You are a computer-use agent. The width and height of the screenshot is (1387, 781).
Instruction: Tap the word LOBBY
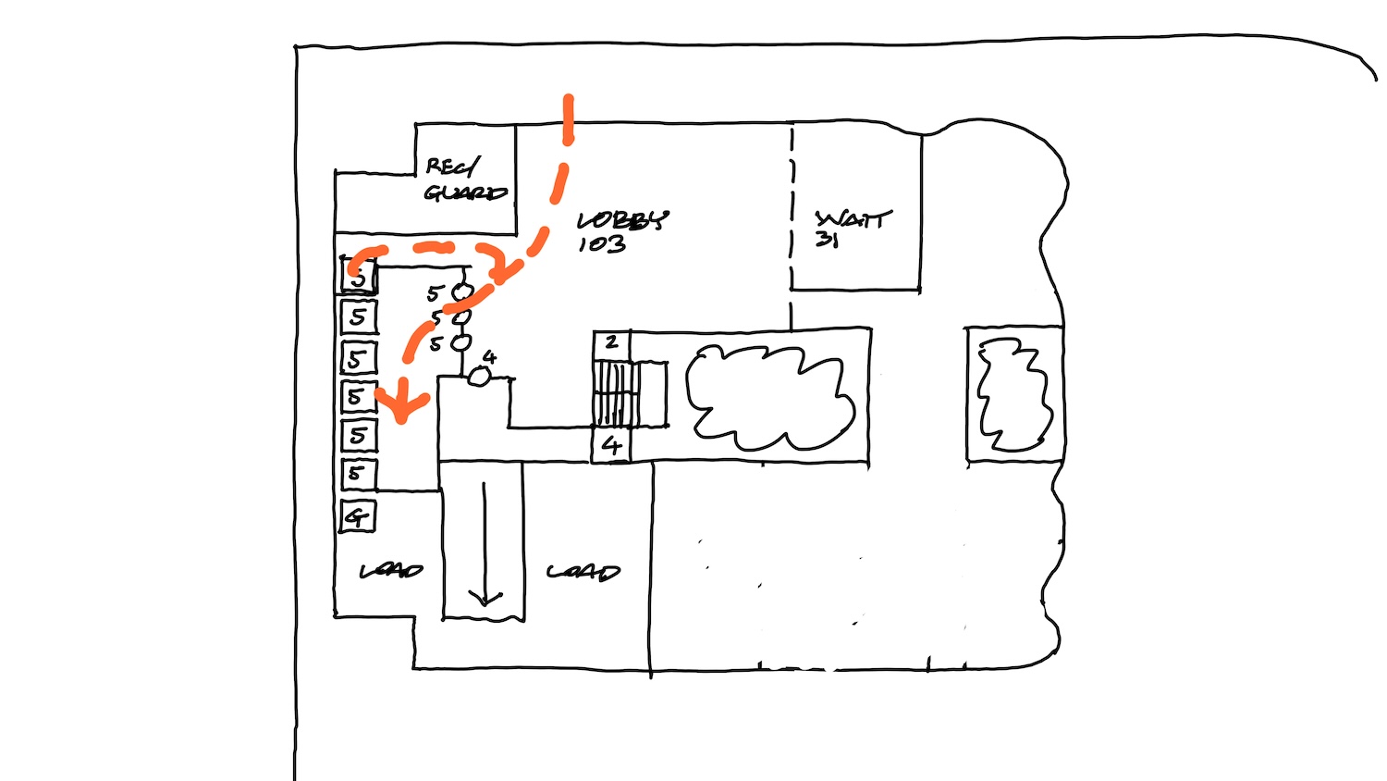621,220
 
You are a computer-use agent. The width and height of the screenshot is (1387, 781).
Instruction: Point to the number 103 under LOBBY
602,244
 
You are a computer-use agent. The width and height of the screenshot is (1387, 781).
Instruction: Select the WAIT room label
853,219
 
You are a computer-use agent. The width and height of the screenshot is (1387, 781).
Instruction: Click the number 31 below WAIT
826,240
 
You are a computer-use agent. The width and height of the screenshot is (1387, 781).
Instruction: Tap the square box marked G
358,516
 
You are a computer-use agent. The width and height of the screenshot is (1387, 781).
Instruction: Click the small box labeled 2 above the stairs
611,343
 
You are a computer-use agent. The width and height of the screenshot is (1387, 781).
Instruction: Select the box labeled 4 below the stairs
611,445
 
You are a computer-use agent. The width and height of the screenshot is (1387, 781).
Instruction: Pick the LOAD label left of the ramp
391,571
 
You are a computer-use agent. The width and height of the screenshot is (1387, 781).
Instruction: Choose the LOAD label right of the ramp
583,572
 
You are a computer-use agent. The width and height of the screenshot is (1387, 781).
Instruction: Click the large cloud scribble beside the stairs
768,395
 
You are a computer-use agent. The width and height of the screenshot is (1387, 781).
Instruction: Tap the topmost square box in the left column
358,276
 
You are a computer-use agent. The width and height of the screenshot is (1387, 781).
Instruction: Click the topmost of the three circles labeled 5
462,292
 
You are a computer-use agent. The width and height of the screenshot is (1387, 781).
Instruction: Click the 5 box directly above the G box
358,475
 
